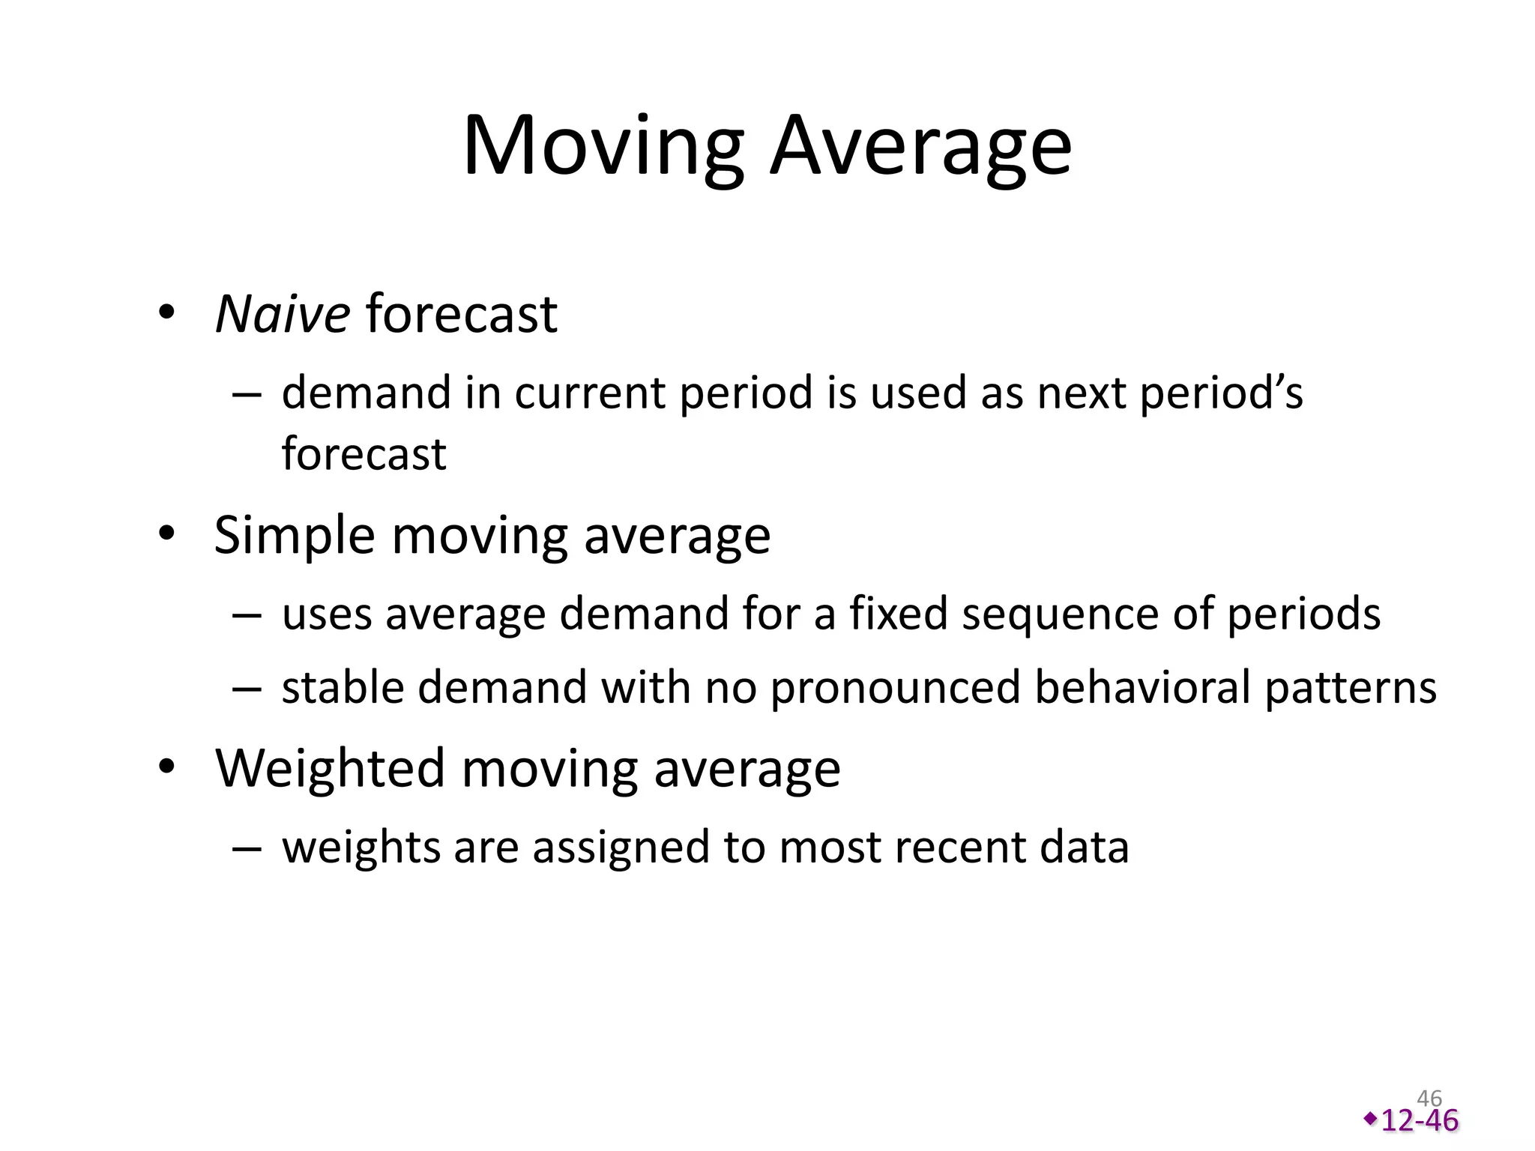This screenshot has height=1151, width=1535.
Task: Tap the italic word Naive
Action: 282,313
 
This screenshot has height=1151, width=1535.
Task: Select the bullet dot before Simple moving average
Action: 166,534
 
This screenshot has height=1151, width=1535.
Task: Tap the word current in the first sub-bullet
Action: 589,393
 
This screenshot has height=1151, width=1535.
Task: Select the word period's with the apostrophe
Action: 1221,394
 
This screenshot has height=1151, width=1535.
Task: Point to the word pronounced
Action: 895,689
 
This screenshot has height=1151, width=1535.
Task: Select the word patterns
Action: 1351,689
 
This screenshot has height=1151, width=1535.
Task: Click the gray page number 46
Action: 1429,1099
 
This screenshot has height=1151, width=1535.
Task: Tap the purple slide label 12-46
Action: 1419,1121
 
